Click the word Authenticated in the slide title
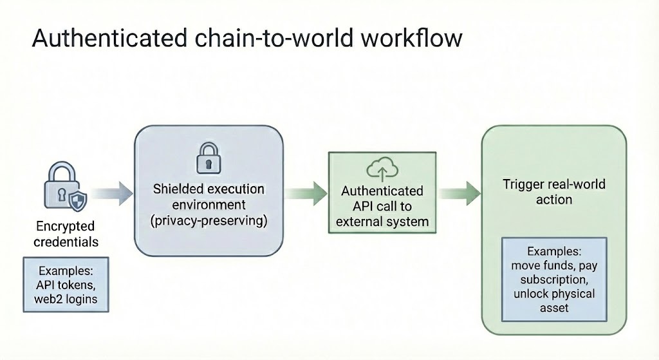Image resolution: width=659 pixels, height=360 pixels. [109, 38]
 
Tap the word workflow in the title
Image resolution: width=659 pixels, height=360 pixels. [411, 38]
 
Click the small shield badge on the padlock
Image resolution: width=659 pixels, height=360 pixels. [78, 200]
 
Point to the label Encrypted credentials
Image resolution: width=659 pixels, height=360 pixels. [66, 234]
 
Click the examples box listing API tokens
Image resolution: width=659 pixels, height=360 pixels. [66, 285]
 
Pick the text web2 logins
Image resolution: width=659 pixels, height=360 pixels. [66, 299]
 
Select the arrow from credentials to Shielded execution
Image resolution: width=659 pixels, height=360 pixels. [111, 193]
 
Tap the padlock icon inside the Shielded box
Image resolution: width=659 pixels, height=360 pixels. [209, 158]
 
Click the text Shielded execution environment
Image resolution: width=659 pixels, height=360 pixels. [209, 196]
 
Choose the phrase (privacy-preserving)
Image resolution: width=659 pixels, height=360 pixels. [209, 220]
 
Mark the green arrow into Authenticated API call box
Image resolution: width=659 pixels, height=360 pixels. [306, 193]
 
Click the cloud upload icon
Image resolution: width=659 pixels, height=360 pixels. [382, 169]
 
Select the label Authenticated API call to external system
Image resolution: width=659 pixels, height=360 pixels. [382, 206]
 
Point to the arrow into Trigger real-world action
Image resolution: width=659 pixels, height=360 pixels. [459, 193]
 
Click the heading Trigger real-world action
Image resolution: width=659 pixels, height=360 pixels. [554, 191]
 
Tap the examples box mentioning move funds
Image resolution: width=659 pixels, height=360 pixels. [554, 279]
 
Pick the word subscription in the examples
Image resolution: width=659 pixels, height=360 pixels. [554, 279]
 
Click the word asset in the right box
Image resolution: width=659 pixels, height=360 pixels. [554, 308]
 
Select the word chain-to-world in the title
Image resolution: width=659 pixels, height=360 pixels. [274, 38]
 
